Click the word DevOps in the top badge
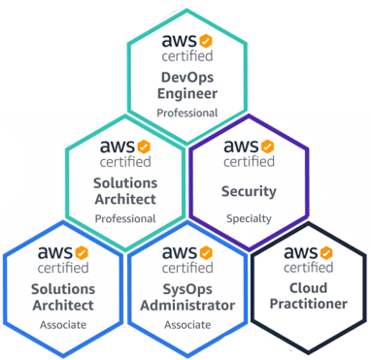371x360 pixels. coord(186,77)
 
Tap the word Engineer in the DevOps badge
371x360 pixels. coord(186,94)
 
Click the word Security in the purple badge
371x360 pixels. coord(249,191)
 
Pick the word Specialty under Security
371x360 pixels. coord(249,218)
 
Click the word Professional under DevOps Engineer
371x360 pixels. coord(186,114)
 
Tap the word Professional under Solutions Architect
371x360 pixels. coord(124,218)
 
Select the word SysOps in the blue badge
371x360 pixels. coord(186,288)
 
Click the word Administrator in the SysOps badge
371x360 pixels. coord(186,306)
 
